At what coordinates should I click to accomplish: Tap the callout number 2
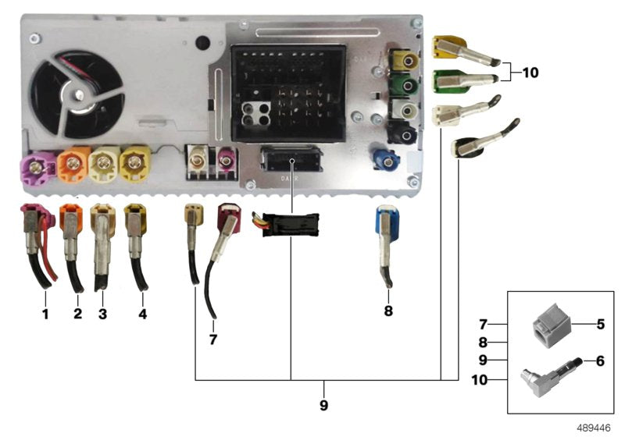tap(77, 314)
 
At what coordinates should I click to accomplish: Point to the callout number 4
tap(141, 314)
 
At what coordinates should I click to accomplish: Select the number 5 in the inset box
tap(600, 322)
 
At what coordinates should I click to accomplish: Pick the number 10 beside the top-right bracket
tap(530, 73)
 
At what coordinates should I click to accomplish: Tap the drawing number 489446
tap(594, 428)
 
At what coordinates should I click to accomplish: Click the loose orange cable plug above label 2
tap(70, 219)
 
